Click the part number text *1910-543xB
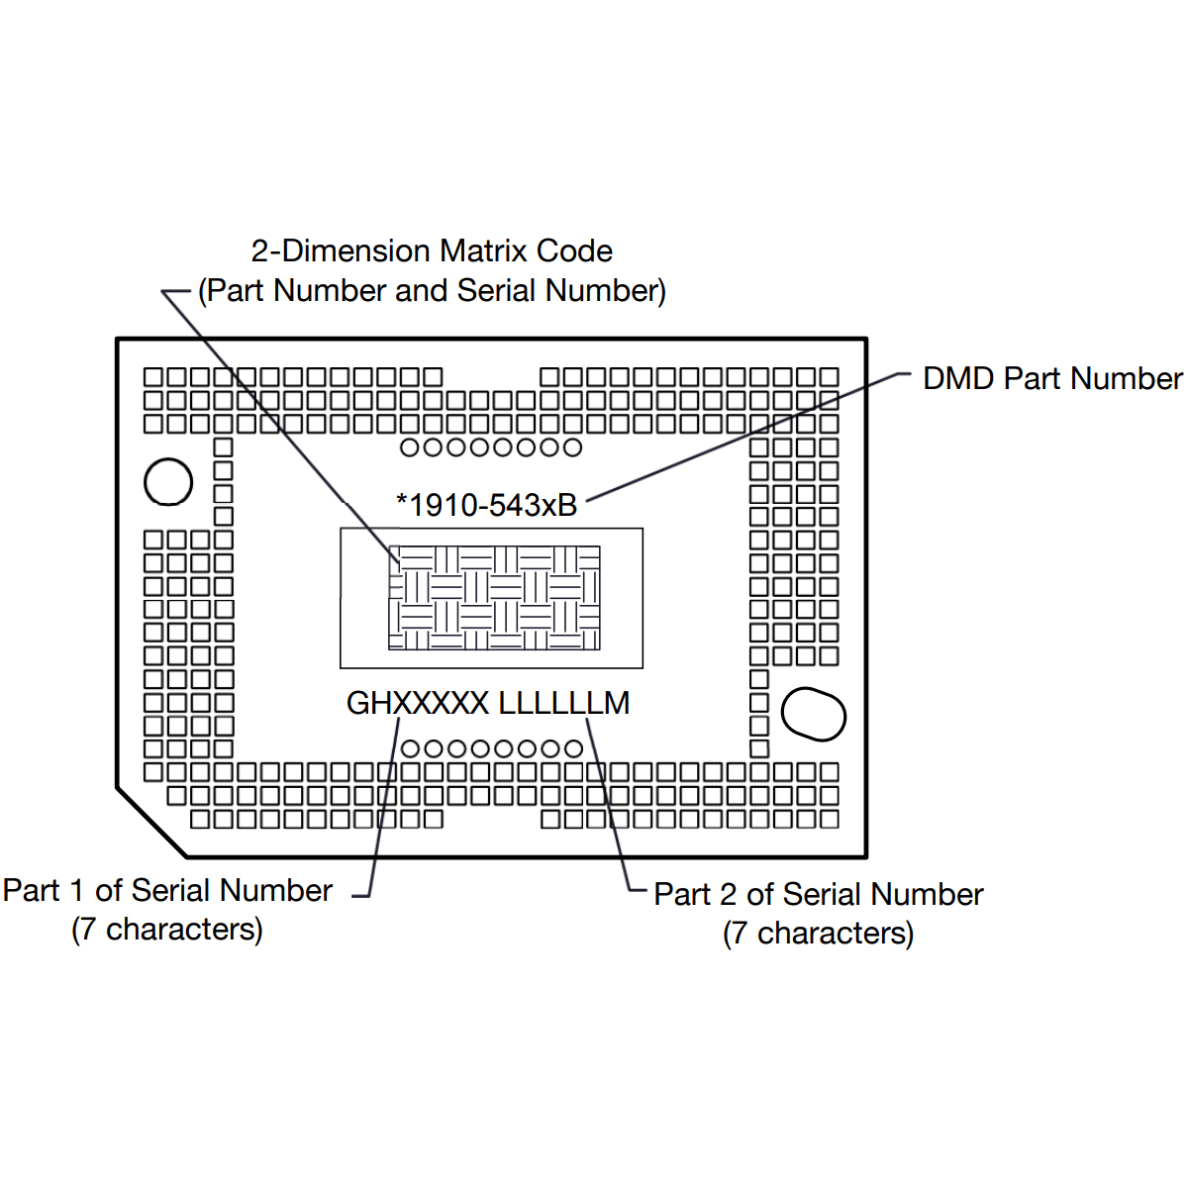click(486, 505)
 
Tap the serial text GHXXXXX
click(417, 703)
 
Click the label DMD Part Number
click(1051, 378)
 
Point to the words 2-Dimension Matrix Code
click(432, 251)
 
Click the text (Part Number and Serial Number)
click(432, 291)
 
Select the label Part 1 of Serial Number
click(167, 890)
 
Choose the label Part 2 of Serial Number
click(818, 894)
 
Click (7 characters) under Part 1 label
click(167, 930)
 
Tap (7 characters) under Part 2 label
click(818, 934)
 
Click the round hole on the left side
click(168, 482)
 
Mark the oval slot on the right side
click(814, 714)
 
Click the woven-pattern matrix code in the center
click(494, 598)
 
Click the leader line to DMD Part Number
click(742, 436)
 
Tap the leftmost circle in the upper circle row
click(410, 447)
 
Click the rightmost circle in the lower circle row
click(573, 748)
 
